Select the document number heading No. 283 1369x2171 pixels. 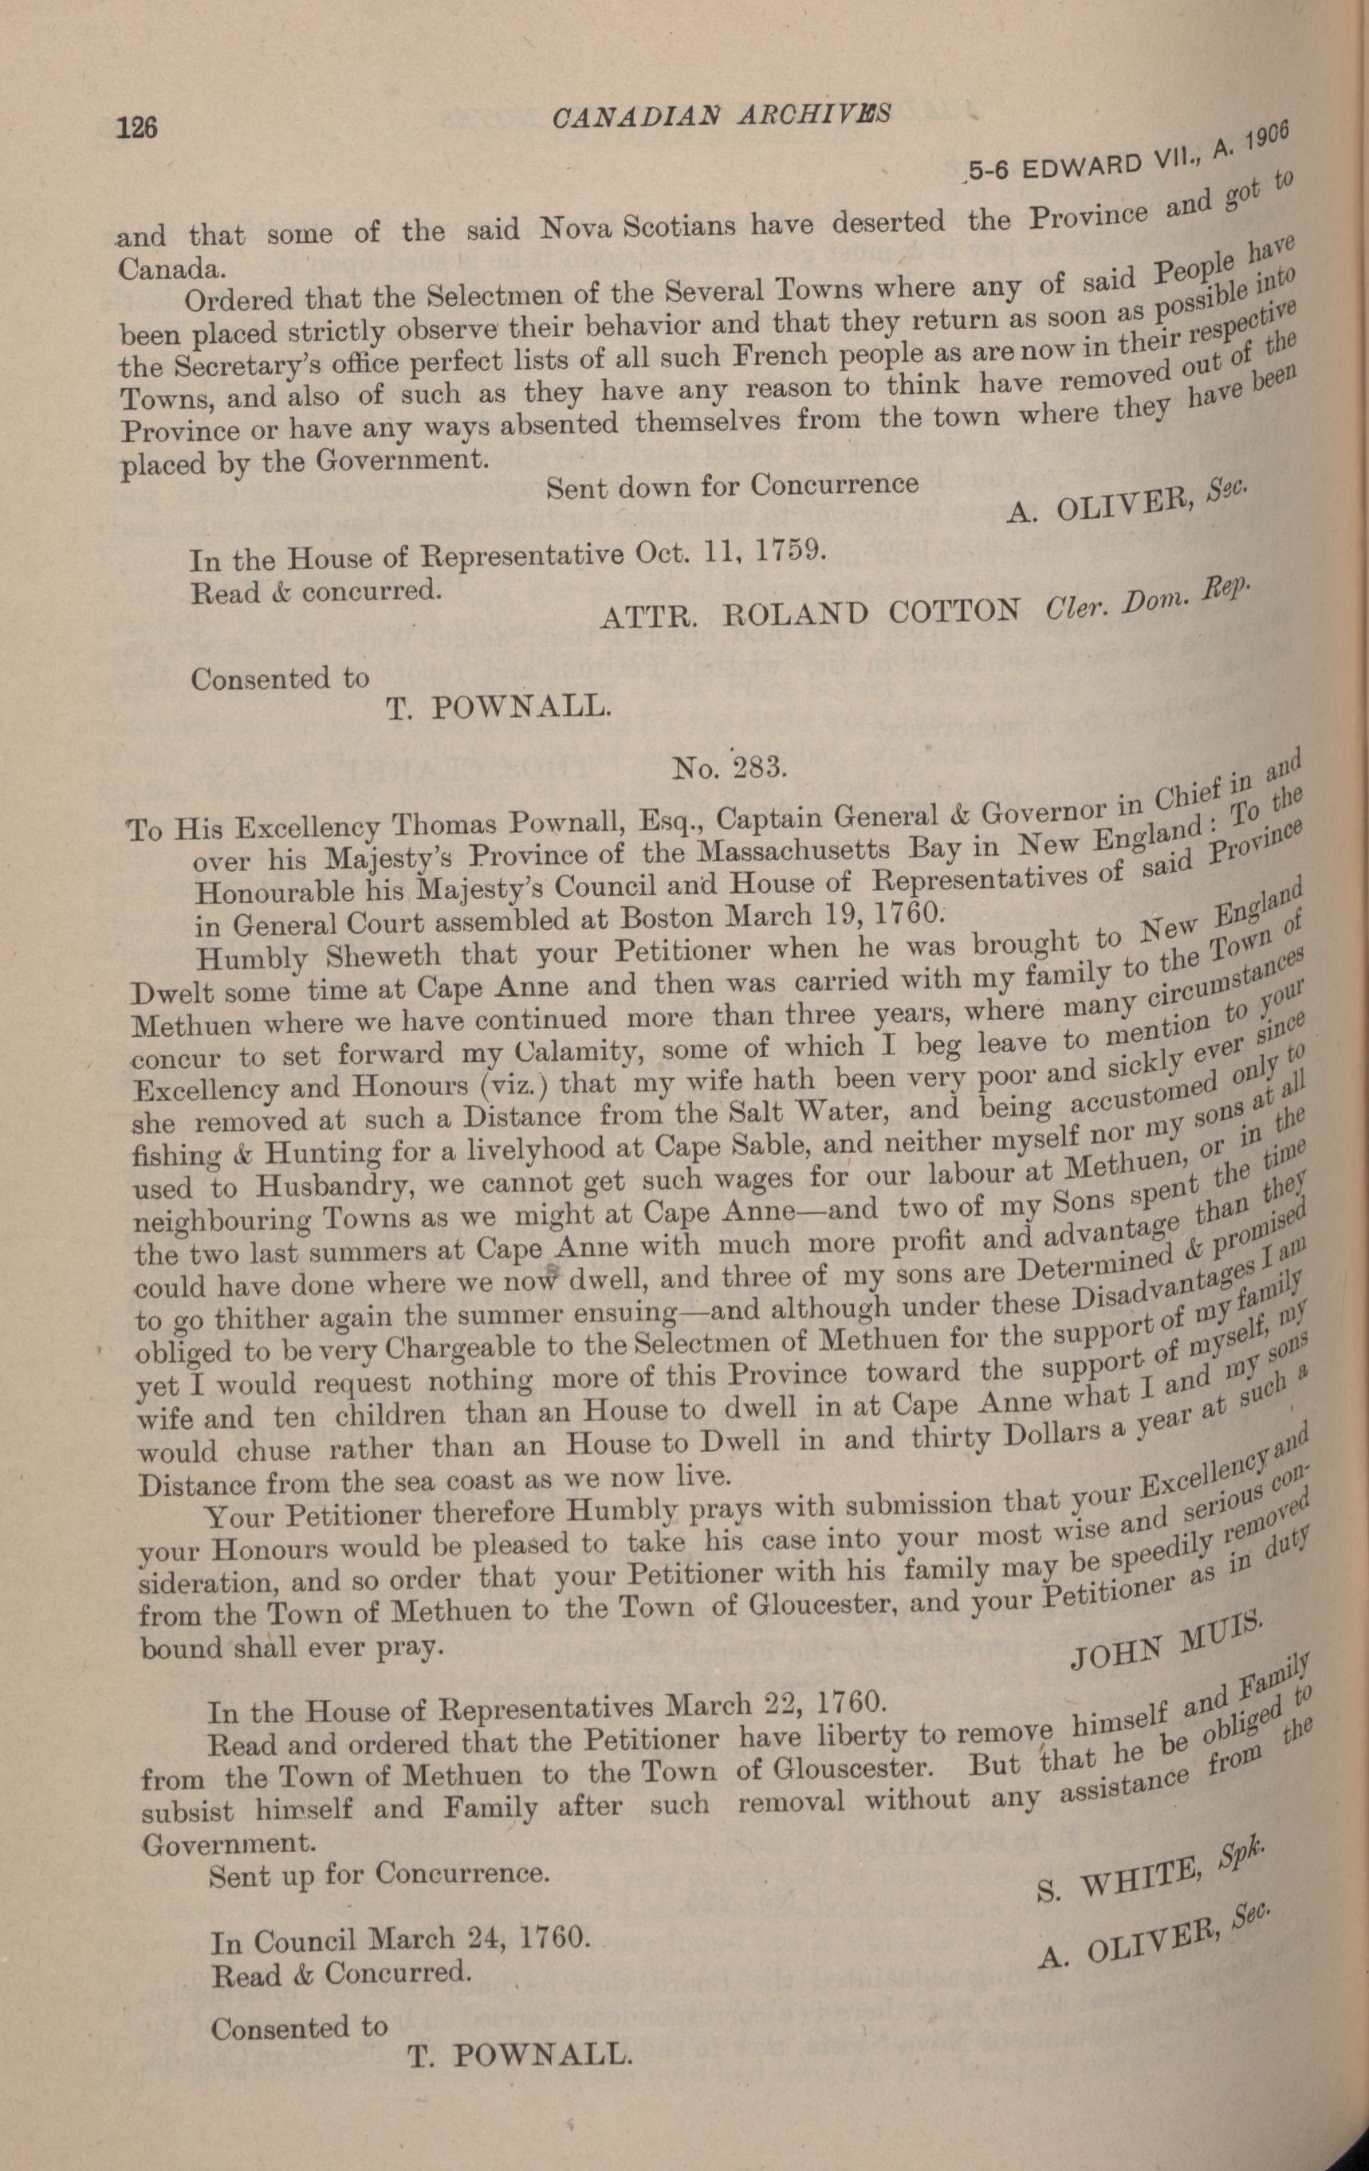730,767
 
